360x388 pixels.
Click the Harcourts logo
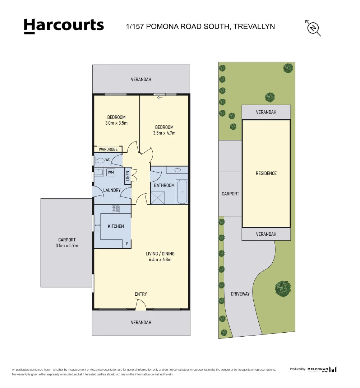click(x=64, y=26)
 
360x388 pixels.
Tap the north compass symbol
click(x=313, y=28)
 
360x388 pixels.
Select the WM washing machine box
click(x=111, y=172)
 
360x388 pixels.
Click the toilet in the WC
click(x=100, y=160)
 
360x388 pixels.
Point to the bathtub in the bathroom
click(x=182, y=192)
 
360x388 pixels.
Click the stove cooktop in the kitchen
click(x=116, y=209)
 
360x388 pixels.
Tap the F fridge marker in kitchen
click(x=127, y=244)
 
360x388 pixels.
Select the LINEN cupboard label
click(x=128, y=177)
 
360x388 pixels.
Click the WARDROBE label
click(x=108, y=149)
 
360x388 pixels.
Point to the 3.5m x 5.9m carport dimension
click(x=67, y=246)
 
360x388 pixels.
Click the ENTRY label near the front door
click(x=141, y=294)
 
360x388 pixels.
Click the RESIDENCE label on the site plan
click(x=266, y=173)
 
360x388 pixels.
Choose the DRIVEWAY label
click(x=240, y=294)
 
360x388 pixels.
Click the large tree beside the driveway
click(x=283, y=288)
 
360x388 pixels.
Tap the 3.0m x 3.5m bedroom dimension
click(x=116, y=123)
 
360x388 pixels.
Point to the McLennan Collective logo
click(x=322, y=369)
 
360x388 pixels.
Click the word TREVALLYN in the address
click(x=254, y=26)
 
